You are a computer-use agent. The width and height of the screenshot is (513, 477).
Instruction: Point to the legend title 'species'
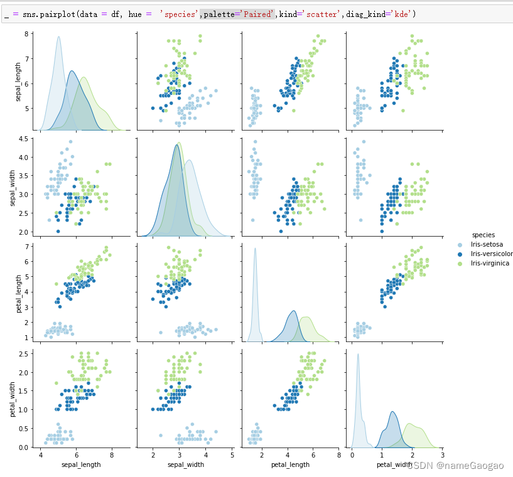[483, 235]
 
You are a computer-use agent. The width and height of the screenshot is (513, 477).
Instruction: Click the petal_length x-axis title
[289, 465]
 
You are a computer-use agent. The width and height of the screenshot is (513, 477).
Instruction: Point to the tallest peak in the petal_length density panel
[255, 249]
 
